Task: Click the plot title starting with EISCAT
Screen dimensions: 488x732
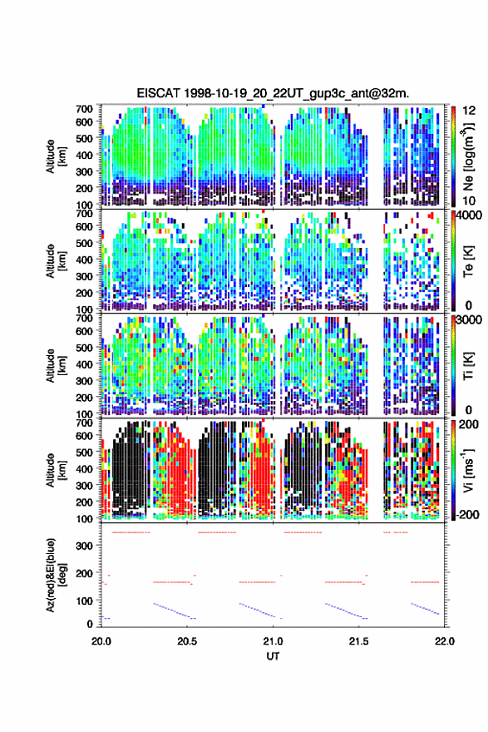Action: (x=273, y=93)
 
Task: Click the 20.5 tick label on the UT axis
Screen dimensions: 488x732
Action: (x=187, y=641)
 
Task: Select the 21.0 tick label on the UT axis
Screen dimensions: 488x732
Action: (x=273, y=641)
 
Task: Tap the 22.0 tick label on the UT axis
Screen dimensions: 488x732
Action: (x=445, y=641)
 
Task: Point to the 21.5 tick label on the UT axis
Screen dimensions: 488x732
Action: (x=359, y=641)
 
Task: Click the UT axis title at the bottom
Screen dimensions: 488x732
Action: (x=273, y=656)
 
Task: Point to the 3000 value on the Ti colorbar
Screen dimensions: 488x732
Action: (x=469, y=320)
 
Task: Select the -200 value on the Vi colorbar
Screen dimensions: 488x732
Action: (x=467, y=514)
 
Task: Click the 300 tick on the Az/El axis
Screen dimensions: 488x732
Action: (x=85, y=546)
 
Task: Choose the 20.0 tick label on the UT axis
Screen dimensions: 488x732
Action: (x=101, y=641)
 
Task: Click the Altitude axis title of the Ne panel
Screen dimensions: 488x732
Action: (x=56, y=156)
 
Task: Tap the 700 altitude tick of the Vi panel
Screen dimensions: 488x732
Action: (x=84, y=423)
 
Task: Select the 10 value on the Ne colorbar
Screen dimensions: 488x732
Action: (x=469, y=200)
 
